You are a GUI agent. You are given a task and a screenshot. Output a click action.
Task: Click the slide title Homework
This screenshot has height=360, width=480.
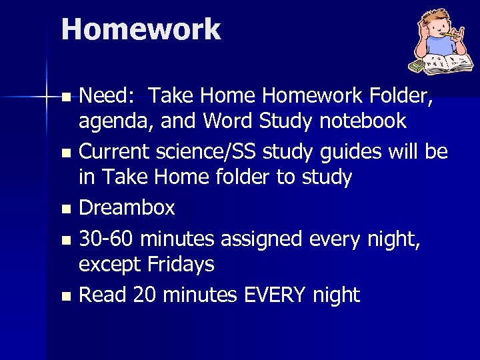141,30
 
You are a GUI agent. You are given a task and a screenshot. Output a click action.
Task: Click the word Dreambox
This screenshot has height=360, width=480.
127,209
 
